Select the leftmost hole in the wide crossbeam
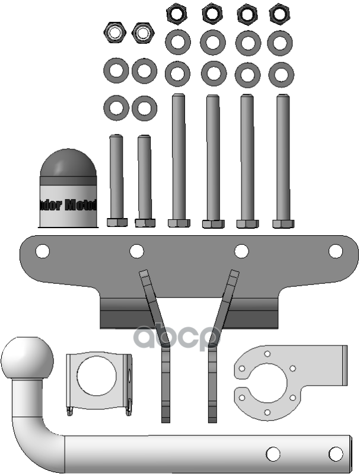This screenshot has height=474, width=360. (x=42, y=251)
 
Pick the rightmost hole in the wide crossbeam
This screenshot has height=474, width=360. (x=335, y=251)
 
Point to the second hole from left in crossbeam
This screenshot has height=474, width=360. (x=136, y=251)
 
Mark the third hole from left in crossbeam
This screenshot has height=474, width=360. (x=241, y=251)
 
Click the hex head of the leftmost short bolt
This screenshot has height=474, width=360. (x=117, y=223)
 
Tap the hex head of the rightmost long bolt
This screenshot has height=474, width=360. (x=283, y=223)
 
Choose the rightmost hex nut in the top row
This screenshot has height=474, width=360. (x=280, y=14)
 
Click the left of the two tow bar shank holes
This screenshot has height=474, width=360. (x=272, y=454)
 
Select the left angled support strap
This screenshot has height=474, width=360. (x=157, y=344)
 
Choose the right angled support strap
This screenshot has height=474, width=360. (x=217, y=344)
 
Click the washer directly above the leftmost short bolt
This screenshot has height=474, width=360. (x=116, y=108)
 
